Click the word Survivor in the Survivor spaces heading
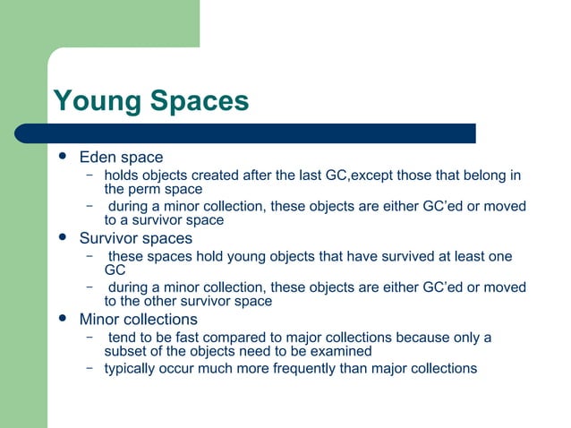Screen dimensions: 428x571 pos(110,239)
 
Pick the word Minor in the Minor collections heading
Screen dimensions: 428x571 pos(99,320)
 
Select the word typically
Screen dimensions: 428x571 pos(133,368)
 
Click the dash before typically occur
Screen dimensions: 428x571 pos(90,367)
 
